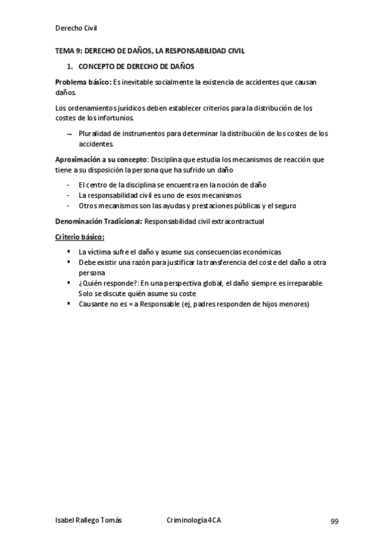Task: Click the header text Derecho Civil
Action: tap(76, 28)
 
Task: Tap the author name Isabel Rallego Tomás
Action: tap(89, 521)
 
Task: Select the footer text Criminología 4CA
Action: tap(194, 521)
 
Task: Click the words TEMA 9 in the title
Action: tap(67, 50)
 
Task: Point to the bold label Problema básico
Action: tap(83, 83)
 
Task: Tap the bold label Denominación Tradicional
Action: tap(98, 221)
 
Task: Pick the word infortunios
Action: tap(116, 118)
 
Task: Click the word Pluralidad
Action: tap(94, 134)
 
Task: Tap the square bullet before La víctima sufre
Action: tap(68, 252)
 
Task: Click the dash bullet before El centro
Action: tap(68, 185)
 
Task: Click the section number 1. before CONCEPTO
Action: tap(70, 67)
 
